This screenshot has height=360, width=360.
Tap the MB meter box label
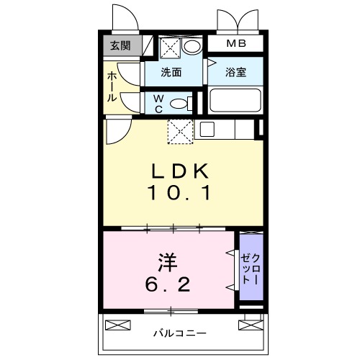(x=236, y=44)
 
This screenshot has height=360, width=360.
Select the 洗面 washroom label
(x=171, y=73)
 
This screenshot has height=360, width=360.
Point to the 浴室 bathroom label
(x=234, y=73)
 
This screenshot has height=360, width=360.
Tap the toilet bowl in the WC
(x=184, y=102)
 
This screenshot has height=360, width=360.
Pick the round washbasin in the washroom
(x=192, y=48)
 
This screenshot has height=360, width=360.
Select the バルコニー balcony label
(x=179, y=333)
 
